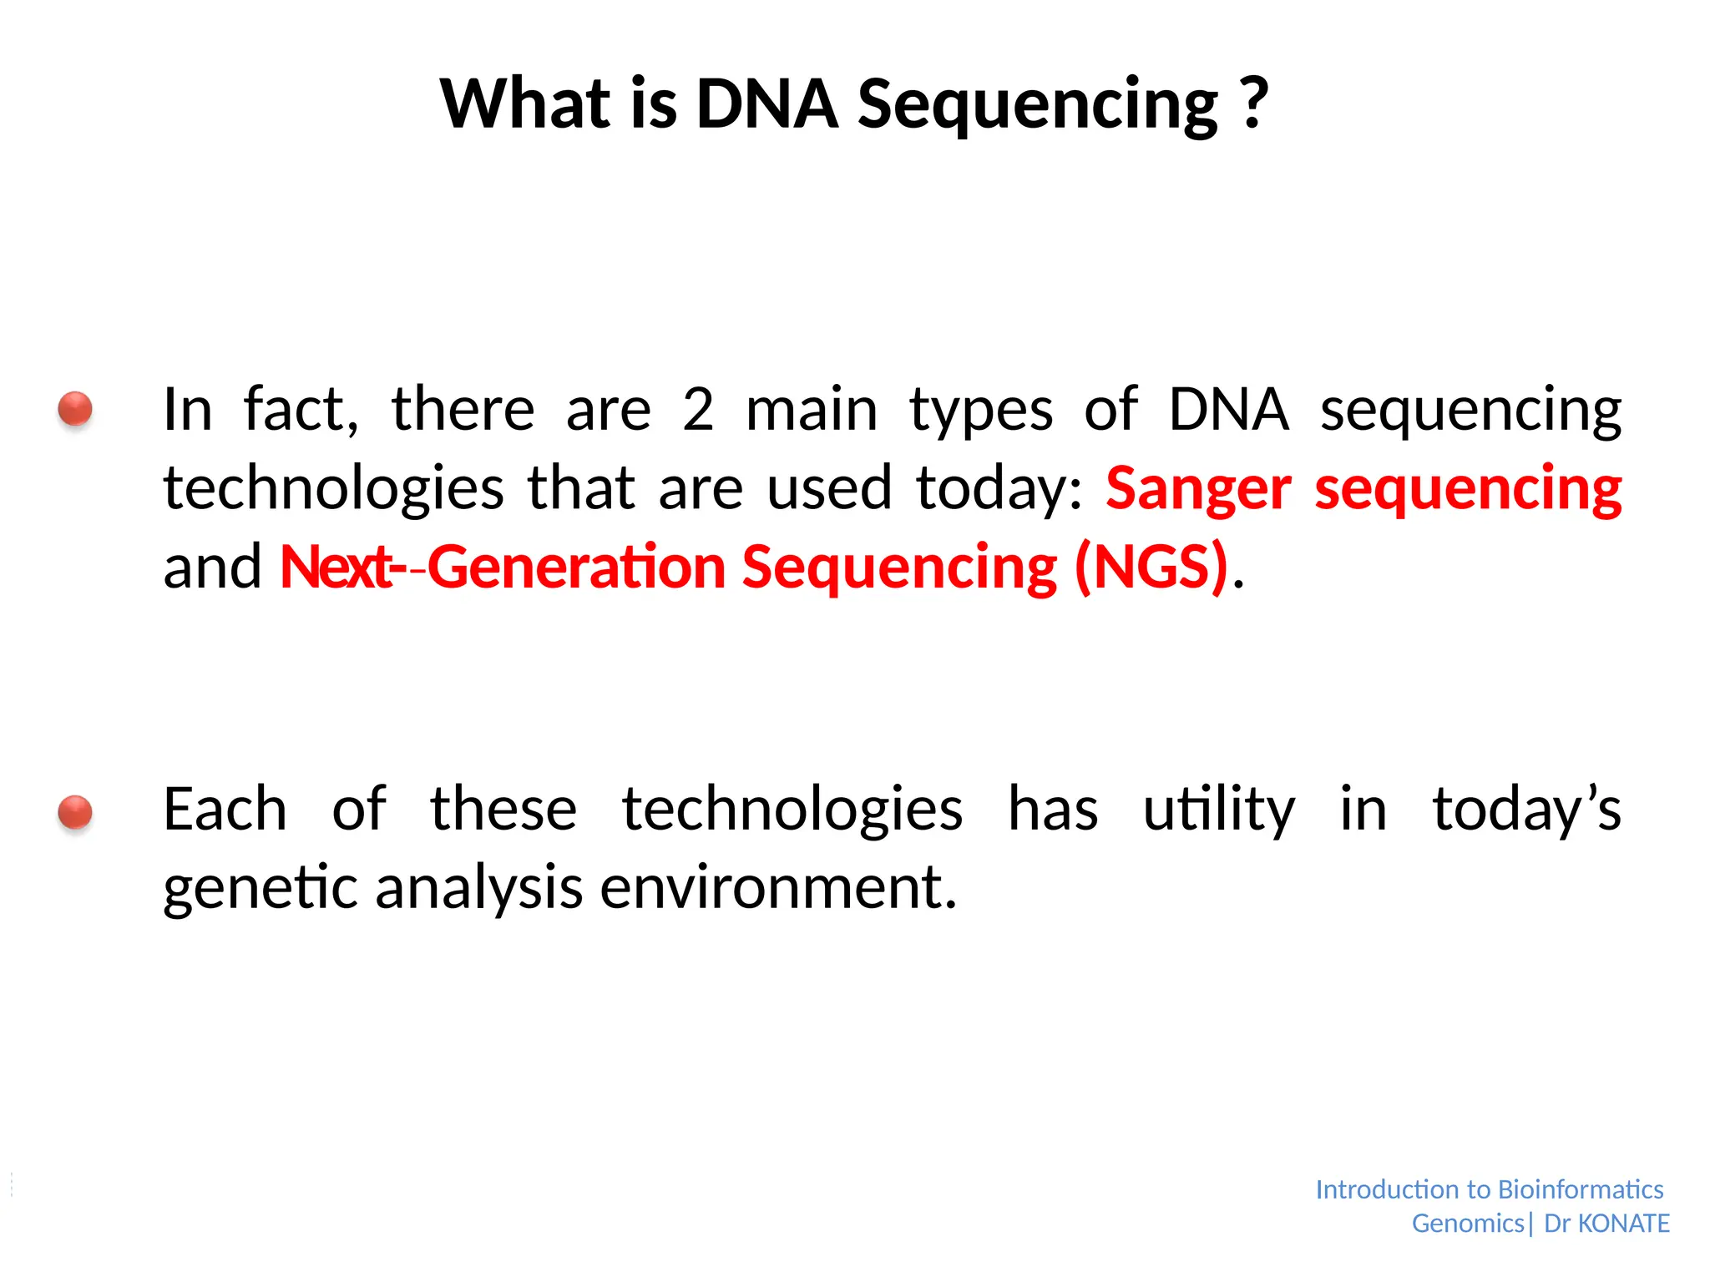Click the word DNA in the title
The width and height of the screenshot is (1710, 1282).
tap(766, 103)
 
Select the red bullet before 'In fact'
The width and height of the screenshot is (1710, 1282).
tap(75, 409)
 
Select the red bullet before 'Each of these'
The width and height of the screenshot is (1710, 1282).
tap(75, 811)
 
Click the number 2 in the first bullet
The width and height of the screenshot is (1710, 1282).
tap(698, 411)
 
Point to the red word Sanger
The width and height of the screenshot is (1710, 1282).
tap(1197, 489)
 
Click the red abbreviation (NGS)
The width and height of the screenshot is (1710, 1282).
tap(1151, 568)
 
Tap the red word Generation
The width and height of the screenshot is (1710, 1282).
tap(577, 568)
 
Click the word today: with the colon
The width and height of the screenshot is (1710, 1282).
tap(999, 489)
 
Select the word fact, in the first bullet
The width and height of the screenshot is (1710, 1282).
tap(301, 411)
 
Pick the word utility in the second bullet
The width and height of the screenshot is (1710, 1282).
tap(1218, 810)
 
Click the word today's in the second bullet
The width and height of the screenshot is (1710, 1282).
tap(1526, 810)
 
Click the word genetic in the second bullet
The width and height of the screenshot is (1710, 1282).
tap(261, 888)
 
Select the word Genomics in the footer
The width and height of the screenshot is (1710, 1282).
tap(1468, 1224)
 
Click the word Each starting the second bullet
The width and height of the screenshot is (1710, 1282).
tap(225, 810)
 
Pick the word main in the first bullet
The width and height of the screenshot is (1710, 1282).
tap(812, 411)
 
